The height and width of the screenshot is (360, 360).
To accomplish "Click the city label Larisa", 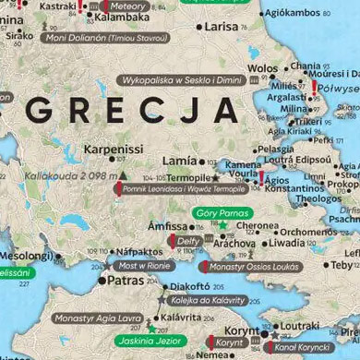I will pyautogui.click(x=221, y=27).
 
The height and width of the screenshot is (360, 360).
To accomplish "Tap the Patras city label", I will pyautogui.click(x=126, y=280).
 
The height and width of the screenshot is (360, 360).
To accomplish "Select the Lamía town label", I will pyautogui.click(x=179, y=161).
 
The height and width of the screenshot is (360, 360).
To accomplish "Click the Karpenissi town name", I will pyautogui.click(x=114, y=148).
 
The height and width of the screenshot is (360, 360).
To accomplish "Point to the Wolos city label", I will pyautogui.click(x=262, y=68).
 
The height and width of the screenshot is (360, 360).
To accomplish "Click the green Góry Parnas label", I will pyautogui.click(x=223, y=213).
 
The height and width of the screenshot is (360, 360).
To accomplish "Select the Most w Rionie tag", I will pyautogui.click(x=144, y=265).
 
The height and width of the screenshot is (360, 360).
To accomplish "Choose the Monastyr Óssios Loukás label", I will pyautogui.click(x=254, y=267).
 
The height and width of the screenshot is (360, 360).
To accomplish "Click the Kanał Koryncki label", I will pyautogui.click(x=303, y=347).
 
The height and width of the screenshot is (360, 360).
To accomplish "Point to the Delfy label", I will pyautogui.click(x=188, y=241).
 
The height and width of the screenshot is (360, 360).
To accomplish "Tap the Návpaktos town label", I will pyautogui.click(x=139, y=251).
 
